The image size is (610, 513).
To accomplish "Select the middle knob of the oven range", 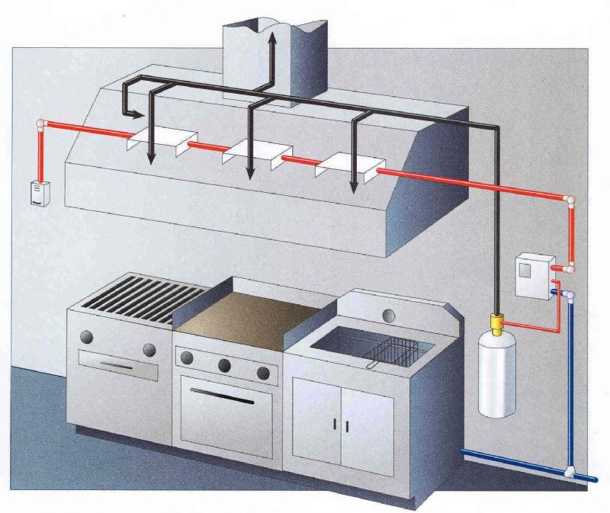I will point(225,364).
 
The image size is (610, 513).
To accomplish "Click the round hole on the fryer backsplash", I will point(390,313).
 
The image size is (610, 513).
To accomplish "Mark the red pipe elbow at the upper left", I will point(41,124).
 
